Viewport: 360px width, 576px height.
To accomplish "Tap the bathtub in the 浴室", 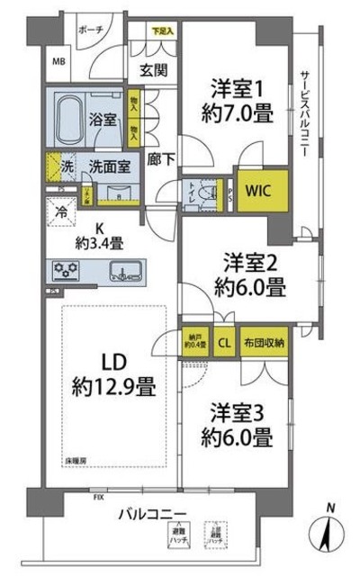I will tap(73, 117).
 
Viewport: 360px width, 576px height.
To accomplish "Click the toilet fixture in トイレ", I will tap(202, 190).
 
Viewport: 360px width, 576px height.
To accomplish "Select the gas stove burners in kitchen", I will tap(67, 269).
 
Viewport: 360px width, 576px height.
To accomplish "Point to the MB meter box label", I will tap(58, 62).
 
